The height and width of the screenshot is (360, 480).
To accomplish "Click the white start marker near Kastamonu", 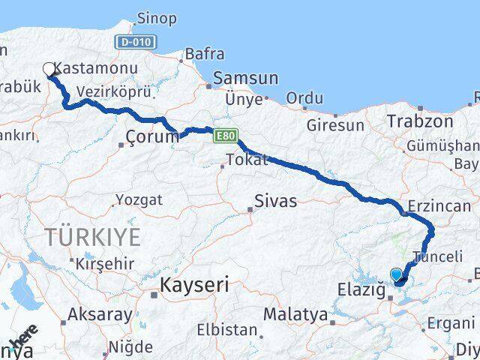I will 49,70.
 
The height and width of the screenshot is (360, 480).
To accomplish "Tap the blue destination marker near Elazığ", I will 397,275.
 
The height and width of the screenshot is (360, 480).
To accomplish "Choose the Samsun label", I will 245,78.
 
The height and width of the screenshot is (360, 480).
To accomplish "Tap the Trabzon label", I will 420,121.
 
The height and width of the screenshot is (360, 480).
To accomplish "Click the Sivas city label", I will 275,201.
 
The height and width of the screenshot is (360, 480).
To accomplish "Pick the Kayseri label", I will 193,285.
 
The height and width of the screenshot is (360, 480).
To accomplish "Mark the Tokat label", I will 248,160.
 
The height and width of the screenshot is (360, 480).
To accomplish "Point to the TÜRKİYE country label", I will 92,238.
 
